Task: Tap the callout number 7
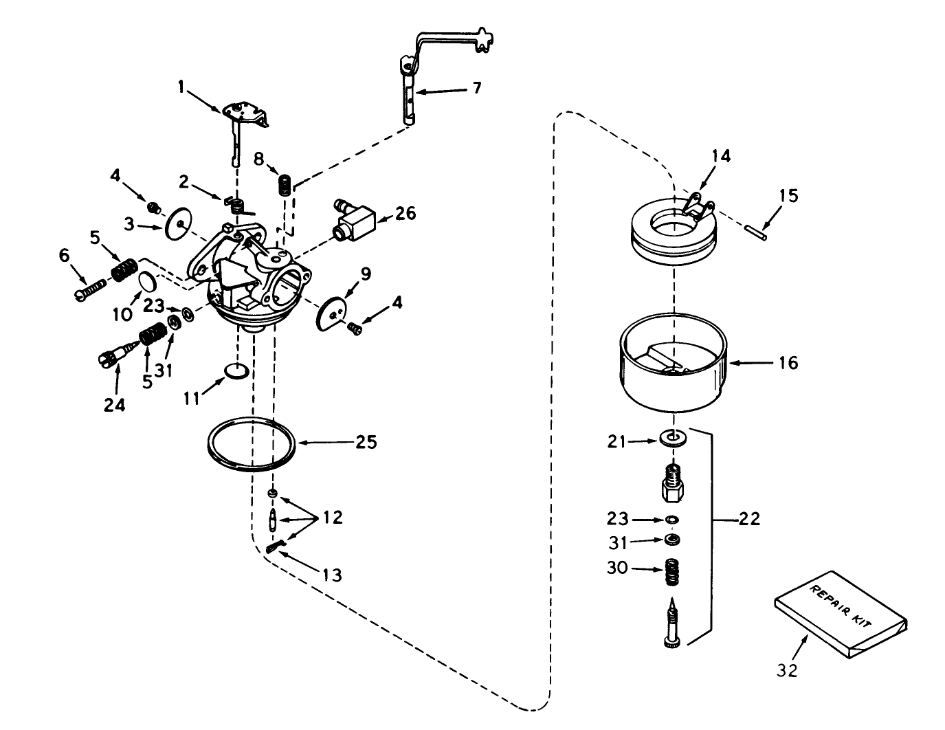click(476, 87)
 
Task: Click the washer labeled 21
click(671, 438)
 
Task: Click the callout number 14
click(720, 156)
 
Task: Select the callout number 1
click(181, 86)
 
